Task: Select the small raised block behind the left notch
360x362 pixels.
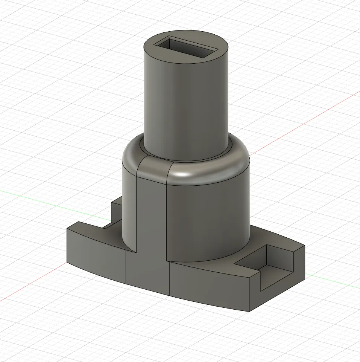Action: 116,211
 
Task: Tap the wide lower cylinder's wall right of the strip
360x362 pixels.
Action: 211,222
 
